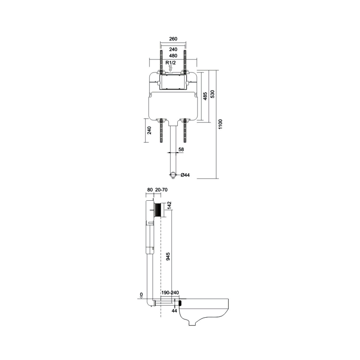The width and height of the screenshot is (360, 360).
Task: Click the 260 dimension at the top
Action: coord(173,39)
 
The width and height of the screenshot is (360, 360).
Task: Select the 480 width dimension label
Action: coord(173,55)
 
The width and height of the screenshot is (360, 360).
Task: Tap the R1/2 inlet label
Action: coord(171,62)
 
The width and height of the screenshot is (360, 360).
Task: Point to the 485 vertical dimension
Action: coord(205,96)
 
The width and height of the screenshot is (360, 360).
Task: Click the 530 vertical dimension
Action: coord(212,94)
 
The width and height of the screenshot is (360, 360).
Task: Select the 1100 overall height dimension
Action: coord(220,124)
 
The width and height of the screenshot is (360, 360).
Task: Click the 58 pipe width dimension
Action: coord(181,149)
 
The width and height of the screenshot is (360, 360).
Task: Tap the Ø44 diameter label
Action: coord(185,175)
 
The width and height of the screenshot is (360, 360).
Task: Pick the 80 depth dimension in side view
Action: coord(150,189)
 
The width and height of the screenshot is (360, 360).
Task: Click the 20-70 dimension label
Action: coord(162,189)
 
